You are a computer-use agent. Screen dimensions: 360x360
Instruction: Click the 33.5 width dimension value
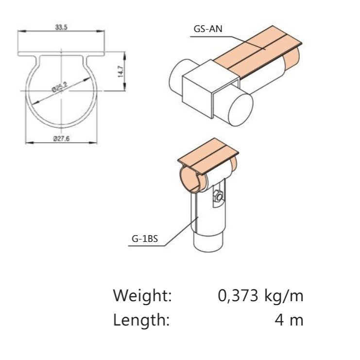pos(61,28)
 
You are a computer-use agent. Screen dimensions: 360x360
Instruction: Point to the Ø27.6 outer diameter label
pos(61,138)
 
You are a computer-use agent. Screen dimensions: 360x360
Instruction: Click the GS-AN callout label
pos(208,29)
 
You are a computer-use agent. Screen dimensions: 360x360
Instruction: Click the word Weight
pos(142,295)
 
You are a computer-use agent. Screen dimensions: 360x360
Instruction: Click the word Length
pos(141,320)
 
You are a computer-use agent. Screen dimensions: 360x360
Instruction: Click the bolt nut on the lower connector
pos(218,197)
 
